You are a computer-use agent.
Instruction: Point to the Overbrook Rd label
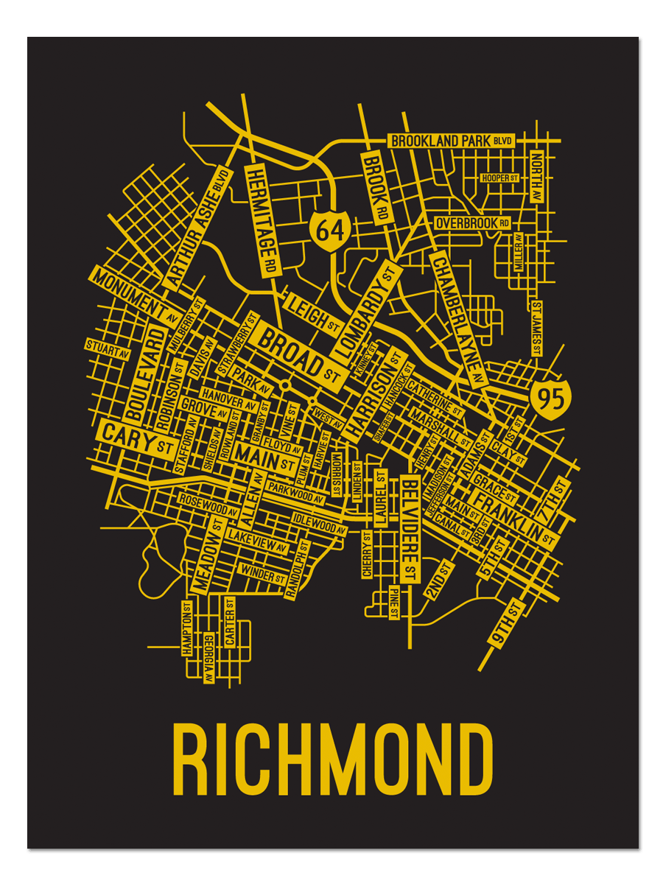[472, 222]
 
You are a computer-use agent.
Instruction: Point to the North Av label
[536, 178]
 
